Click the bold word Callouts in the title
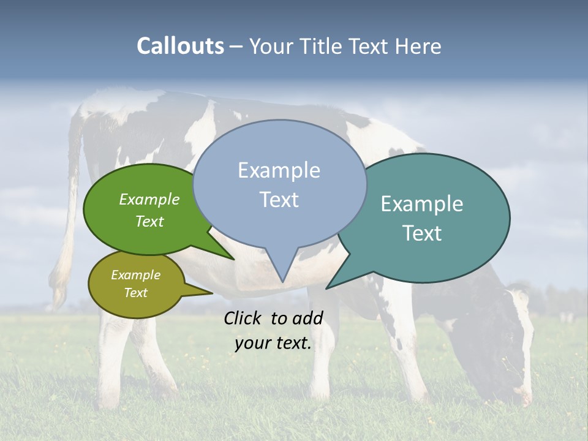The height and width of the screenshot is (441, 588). coord(180,46)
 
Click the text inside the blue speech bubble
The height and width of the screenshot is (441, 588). coord(279,185)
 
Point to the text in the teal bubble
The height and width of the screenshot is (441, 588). coord(422,219)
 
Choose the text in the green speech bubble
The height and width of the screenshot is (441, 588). coord(149,210)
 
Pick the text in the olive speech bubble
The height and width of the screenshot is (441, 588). coord(136,284)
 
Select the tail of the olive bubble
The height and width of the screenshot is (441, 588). coord(205,292)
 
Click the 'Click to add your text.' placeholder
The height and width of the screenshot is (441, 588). coord(273,330)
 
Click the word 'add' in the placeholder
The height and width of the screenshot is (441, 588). coord(307,318)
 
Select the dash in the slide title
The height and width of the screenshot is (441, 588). coord(236,46)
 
